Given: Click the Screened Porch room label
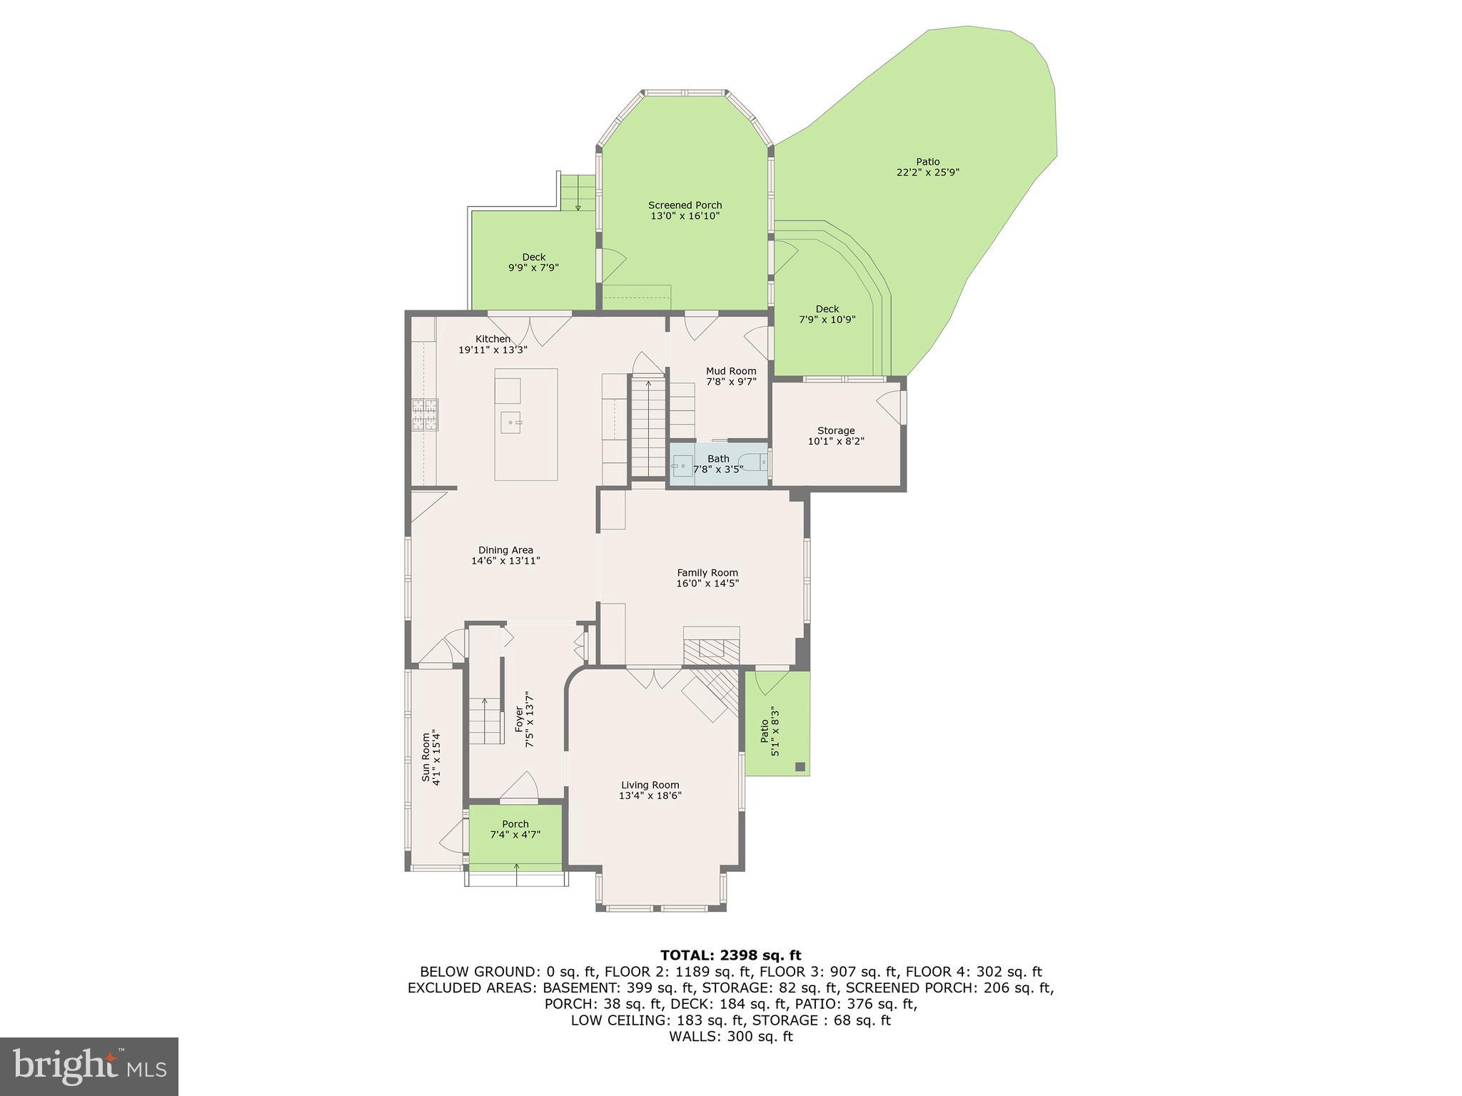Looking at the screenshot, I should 685,205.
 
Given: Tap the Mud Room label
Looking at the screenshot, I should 731,371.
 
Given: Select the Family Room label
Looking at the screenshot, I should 707,572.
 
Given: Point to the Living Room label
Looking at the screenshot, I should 650,785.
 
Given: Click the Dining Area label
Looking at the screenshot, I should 505,550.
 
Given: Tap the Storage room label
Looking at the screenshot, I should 836,431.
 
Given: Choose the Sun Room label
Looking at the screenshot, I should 427,758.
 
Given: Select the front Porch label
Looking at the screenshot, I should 515,824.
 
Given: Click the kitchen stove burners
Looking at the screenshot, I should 425,415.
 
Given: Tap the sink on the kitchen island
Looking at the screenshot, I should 511,422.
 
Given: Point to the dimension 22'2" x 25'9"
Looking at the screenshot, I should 928,173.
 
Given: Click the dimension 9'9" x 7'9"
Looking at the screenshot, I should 533,268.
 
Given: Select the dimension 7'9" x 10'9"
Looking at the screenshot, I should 827,320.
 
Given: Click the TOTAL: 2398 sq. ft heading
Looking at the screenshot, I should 731,955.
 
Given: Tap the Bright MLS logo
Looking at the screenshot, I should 89,1066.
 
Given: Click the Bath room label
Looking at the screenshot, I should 719,459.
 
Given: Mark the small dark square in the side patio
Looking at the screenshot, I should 800,767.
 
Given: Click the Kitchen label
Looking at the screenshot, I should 493,339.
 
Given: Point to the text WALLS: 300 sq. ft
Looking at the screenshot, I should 731,1037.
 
